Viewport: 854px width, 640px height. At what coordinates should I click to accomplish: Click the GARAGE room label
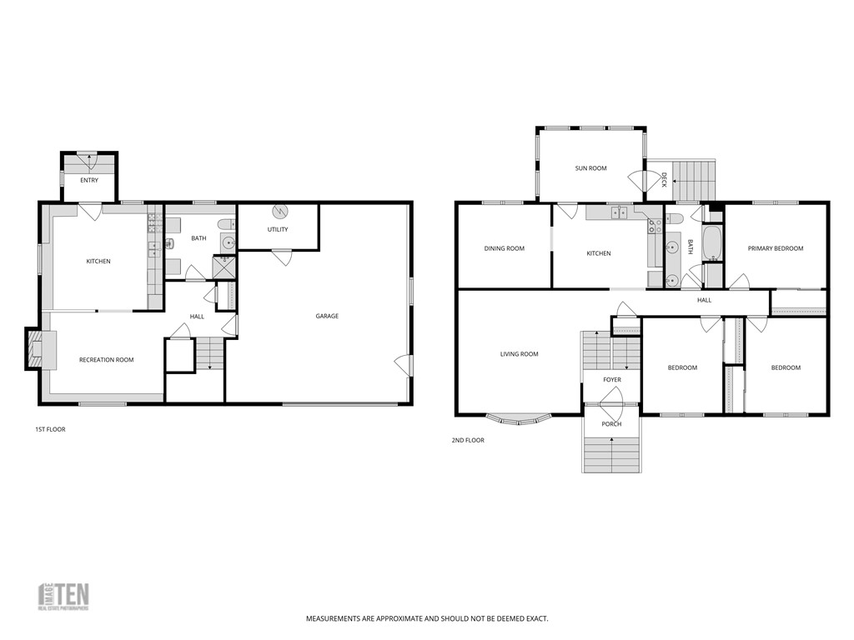[x=326, y=316]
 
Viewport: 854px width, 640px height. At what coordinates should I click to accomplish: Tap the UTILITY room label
[x=278, y=229]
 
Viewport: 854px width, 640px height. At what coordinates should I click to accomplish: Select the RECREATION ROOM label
[x=106, y=360]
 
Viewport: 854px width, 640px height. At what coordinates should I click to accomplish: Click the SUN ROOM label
[x=590, y=168]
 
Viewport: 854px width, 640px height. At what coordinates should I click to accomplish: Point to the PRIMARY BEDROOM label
[x=775, y=248]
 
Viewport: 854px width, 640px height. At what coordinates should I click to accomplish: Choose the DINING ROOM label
[x=504, y=248]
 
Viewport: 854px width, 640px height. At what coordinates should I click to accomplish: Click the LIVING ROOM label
[x=519, y=354]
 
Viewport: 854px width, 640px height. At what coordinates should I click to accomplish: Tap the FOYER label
[x=612, y=380]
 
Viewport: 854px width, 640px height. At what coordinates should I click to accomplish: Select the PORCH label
[x=611, y=424]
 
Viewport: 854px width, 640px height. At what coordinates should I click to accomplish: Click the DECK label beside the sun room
[x=664, y=179]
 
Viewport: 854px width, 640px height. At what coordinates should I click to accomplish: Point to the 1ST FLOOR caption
[x=50, y=429]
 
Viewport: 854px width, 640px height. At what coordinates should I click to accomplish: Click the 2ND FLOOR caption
[x=469, y=440]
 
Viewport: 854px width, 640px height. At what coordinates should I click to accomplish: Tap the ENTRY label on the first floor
[x=89, y=180]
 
